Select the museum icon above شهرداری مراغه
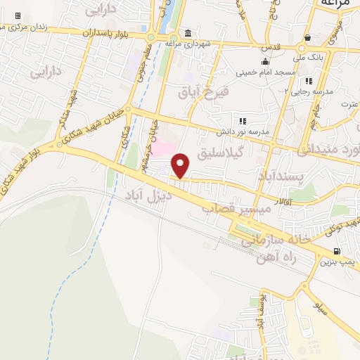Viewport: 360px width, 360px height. [188, 33]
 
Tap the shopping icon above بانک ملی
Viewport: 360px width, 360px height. [309, 37]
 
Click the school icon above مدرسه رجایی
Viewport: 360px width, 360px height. [309, 81]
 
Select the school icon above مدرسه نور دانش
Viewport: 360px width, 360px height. [243, 121]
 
